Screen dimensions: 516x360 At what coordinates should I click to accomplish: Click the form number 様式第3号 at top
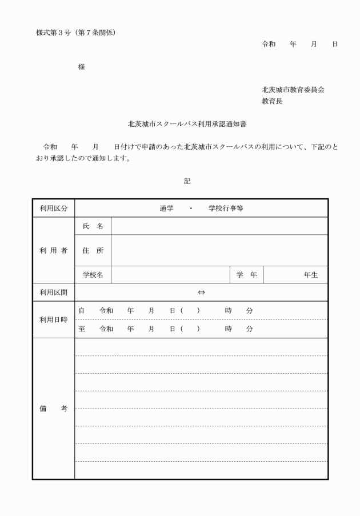[x=52, y=33]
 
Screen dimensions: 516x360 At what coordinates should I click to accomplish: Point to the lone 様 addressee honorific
[x=81, y=67]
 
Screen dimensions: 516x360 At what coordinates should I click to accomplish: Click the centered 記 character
[x=187, y=181]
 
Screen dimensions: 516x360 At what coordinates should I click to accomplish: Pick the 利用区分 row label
[x=53, y=209]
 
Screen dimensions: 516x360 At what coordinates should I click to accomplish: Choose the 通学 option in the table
[x=166, y=209]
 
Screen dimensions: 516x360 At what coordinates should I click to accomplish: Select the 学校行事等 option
[x=226, y=209]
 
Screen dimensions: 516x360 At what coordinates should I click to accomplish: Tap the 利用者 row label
[x=53, y=250]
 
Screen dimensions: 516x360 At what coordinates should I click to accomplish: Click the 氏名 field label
[x=93, y=226]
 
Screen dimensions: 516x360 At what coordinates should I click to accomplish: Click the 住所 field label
[x=93, y=250]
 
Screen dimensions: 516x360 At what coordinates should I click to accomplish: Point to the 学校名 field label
[x=93, y=275]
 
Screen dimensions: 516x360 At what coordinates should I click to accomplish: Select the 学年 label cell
[x=246, y=275]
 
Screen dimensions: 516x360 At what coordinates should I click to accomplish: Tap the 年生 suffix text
[x=311, y=275]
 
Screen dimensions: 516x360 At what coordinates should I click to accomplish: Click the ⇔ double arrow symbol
[x=201, y=293]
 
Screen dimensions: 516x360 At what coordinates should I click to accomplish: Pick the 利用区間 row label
[x=53, y=293]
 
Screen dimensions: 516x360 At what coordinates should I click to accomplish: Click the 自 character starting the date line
[x=81, y=310]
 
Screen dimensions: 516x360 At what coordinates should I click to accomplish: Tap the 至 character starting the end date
[x=81, y=329]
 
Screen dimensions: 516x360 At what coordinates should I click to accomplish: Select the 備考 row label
[x=53, y=409]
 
